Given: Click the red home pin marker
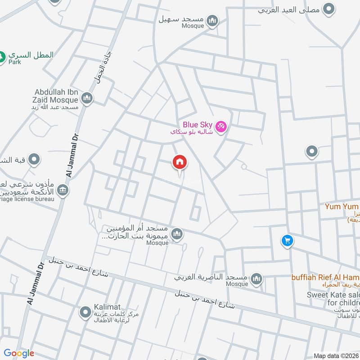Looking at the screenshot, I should pos(180,162).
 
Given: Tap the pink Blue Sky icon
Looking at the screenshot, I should pos(220,126).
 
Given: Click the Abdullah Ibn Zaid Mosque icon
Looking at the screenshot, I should pos(87,98).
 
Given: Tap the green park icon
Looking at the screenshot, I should pos(2,57).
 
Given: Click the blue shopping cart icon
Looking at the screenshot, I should pos(287,241).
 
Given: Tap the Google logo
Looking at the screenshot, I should pos(19,353).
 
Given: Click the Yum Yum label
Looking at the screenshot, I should pos(342,207).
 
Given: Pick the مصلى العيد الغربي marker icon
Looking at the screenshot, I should pos(330,9).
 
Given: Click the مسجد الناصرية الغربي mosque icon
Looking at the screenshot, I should pos(256,279).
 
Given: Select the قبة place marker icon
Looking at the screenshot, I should pos(34,159).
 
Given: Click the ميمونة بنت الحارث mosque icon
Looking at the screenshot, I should pos(178,234).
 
